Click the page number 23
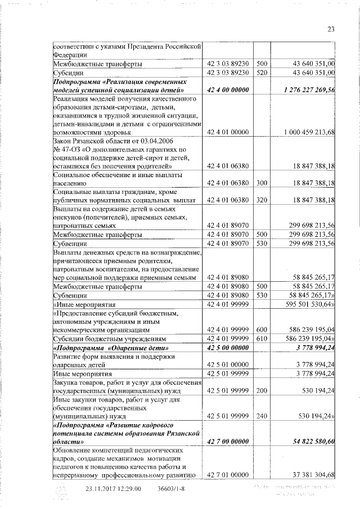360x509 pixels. click(x=331, y=30)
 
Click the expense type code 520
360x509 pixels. click(x=261, y=73)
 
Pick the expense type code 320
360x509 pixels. click(x=261, y=200)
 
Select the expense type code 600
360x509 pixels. click(x=261, y=330)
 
